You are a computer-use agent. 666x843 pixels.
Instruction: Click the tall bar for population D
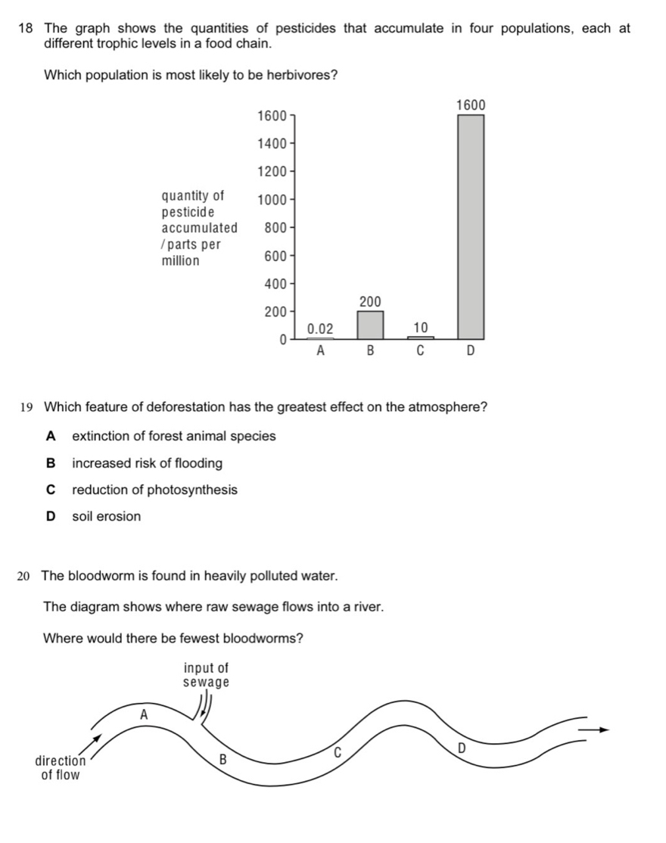[471, 227]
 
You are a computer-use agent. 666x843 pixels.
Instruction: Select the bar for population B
[370, 325]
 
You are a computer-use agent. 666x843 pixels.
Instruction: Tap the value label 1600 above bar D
[471, 105]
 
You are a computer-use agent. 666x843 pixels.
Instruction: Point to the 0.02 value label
[319, 328]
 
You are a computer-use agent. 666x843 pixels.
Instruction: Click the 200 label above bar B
[370, 302]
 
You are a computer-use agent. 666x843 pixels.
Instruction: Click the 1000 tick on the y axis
[272, 201]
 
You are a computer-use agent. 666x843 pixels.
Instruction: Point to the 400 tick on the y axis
[274, 285]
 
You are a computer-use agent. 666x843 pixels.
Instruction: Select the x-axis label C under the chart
[420, 352]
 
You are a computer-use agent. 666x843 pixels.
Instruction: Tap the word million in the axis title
[181, 261]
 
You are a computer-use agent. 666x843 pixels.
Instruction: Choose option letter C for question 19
[51, 490]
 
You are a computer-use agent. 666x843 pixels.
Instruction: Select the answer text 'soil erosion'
[106, 517]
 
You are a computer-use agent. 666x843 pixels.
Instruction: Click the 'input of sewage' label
[206, 675]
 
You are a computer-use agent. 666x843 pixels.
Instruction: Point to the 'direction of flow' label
[61, 768]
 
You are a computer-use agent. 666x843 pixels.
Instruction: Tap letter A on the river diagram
[144, 714]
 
